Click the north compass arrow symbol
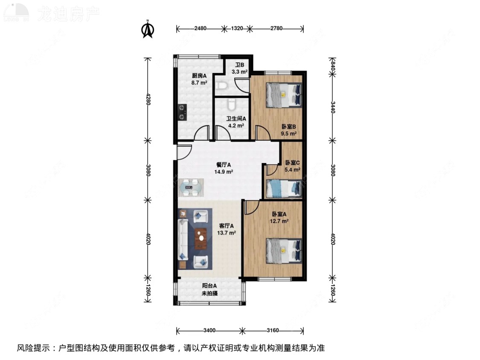click(148, 29)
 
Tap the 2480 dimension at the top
click(200, 29)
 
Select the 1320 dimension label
click(237, 29)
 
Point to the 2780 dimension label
click(276, 29)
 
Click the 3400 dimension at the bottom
click(209, 331)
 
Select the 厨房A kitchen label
click(199, 76)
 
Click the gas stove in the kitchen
click(183, 111)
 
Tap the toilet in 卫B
click(221, 86)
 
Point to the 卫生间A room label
click(236, 119)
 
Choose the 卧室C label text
click(292, 163)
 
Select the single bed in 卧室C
click(284, 189)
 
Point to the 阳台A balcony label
click(209, 286)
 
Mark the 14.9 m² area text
click(224, 172)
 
